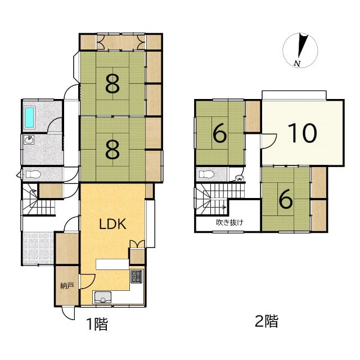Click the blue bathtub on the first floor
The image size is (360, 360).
click(30, 118)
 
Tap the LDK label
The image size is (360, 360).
click(112, 224)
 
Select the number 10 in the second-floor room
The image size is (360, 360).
click(302, 133)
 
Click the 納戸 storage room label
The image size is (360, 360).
click(67, 286)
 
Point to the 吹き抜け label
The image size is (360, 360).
click(229, 222)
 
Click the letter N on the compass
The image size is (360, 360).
click(298, 64)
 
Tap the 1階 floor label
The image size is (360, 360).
click(97, 324)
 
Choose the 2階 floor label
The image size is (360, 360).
click(267, 321)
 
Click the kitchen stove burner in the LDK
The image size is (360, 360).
click(137, 277)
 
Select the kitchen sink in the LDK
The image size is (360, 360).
click(103, 298)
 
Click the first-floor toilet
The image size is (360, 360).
click(33, 174)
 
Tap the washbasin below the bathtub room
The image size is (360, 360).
click(29, 139)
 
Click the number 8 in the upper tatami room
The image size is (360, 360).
click(112, 84)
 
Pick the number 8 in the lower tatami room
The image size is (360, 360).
click(112, 150)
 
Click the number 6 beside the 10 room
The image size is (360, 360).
click(220, 133)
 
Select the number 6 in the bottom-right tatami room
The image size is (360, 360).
click(286, 199)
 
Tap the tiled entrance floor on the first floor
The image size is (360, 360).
click(38, 249)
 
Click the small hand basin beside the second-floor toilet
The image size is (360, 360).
click(239, 178)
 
